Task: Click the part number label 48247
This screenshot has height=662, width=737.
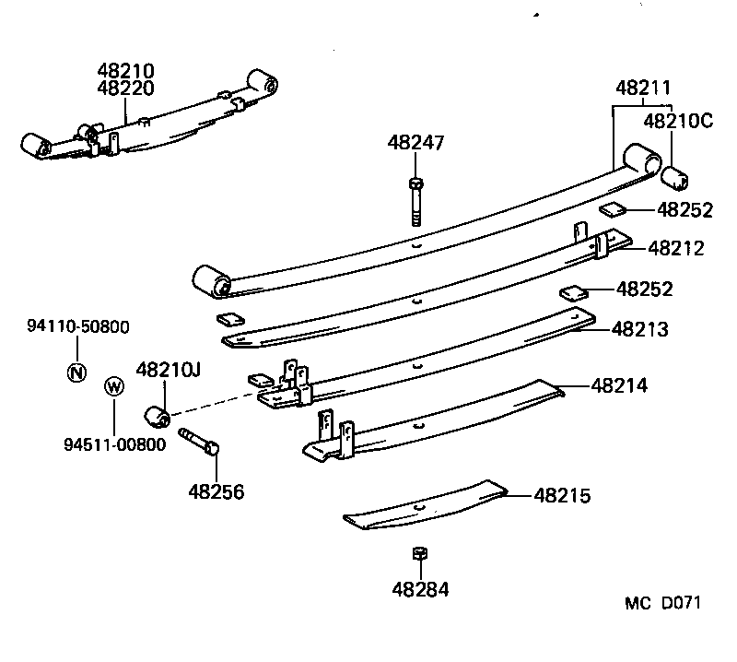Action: [x=415, y=143]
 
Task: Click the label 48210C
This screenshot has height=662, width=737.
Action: [x=678, y=120]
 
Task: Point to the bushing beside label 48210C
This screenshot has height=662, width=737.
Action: [x=679, y=174]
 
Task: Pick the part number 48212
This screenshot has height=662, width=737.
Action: [x=676, y=247]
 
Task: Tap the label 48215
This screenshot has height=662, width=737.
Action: [x=562, y=496]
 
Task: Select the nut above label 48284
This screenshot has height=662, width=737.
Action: [x=417, y=554]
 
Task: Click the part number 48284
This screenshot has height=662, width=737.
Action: [x=420, y=589]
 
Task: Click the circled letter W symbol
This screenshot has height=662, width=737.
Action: [x=113, y=386]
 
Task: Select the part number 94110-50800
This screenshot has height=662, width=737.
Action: [x=77, y=325]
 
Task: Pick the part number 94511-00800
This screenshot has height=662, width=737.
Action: [x=115, y=443]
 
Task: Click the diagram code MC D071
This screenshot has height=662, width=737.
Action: [x=663, y=603]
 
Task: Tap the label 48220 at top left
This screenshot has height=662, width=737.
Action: [x=126, y=89]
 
